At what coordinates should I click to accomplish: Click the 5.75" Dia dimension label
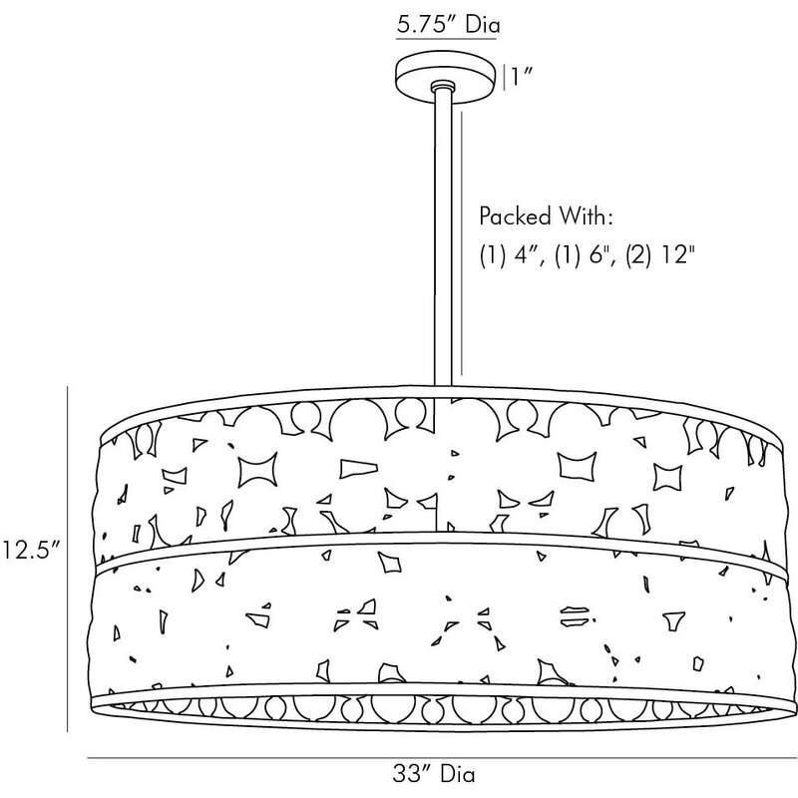[448, 24]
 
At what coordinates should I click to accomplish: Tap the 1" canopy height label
[522, 78]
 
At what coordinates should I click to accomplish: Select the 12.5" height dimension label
[31, 551]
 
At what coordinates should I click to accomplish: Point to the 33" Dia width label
[434, 774]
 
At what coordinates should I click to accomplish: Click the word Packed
[515, 215]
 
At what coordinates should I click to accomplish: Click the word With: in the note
[586, 215]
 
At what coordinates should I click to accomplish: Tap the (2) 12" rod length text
[660, 254]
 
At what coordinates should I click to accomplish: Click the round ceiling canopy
[445, 78]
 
